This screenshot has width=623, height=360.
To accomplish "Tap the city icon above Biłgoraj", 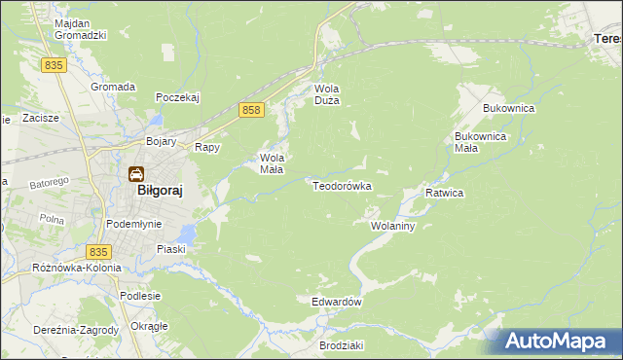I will point(136,174).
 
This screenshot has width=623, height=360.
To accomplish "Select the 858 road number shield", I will point(251,111).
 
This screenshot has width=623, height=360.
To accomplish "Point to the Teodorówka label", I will point(342,185).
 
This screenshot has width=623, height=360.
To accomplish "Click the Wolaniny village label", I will point(393,226).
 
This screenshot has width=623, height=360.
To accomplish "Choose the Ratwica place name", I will point(444,194).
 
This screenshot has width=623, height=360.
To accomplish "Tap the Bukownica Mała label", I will point(481,143).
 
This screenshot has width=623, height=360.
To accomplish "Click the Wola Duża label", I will point(325,93).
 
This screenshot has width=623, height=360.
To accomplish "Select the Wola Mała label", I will point(271,162).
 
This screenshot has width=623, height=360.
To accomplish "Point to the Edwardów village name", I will point(337,302).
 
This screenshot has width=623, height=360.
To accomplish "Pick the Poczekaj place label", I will point(177,97).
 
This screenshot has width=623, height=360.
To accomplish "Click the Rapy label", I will point(207,148).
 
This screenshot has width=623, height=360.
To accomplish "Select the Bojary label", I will point(161,142).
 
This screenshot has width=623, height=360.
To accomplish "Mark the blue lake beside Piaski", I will point(186,234).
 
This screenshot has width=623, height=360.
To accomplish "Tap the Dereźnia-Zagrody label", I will point(59,330).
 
